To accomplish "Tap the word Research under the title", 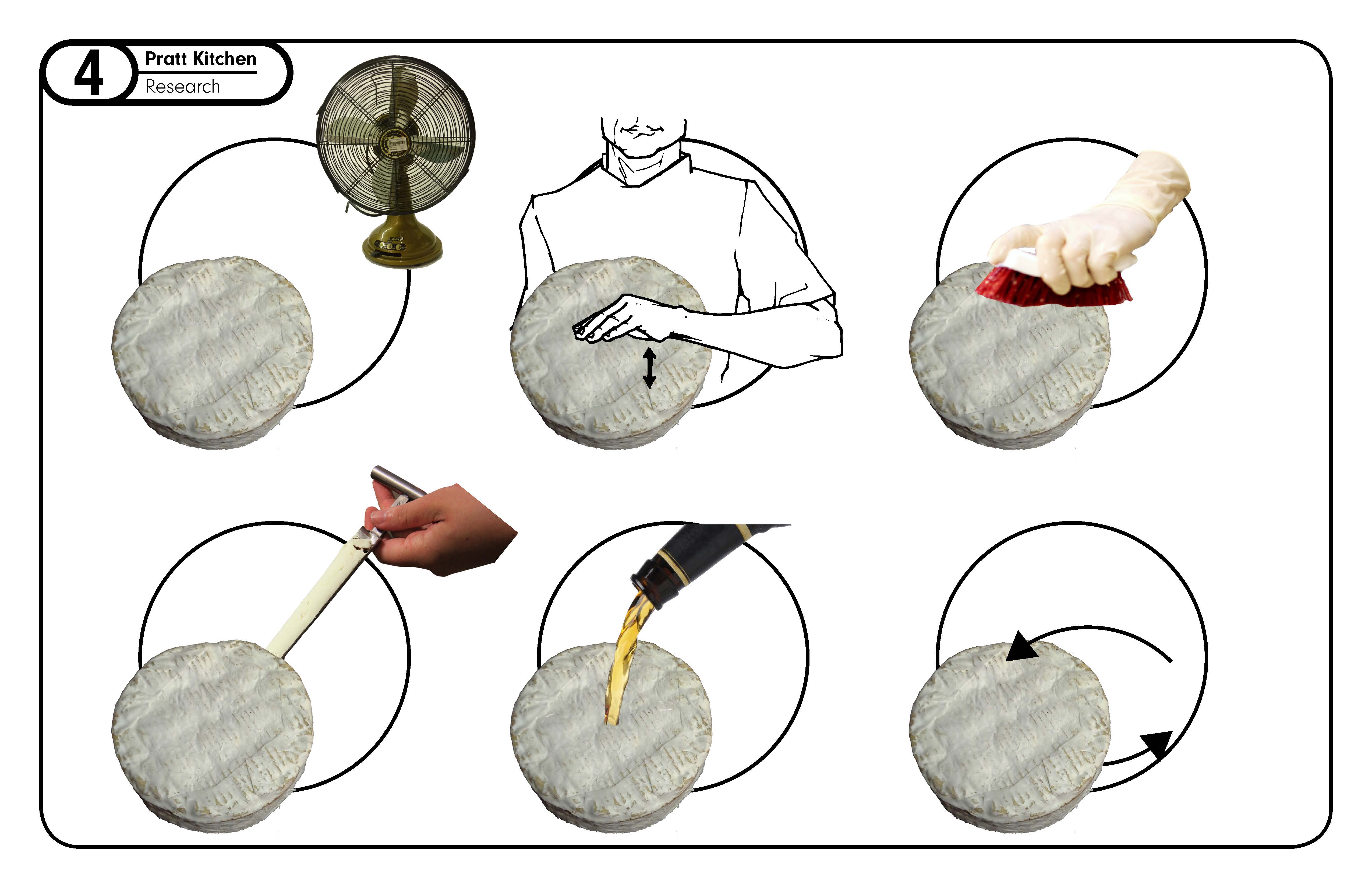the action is coord(183,86).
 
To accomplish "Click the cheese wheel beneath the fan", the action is coord(212,353).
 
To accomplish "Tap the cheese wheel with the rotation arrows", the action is coord(1009,738).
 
